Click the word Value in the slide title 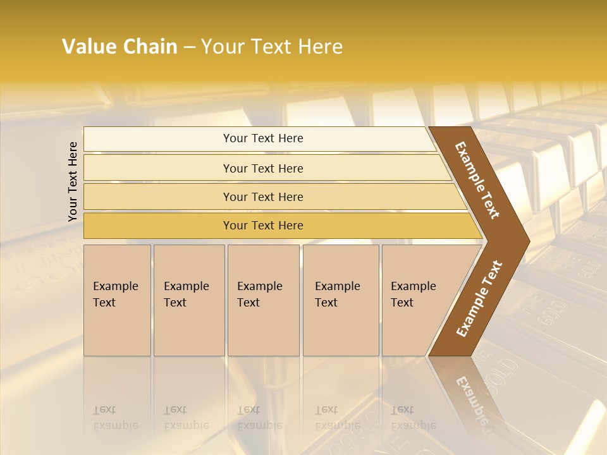[87, 47]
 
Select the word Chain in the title [150, 47]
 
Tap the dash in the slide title [189, 47]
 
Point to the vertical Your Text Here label [73, 181]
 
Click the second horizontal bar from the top [263, 168]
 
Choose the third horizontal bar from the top [263, 197]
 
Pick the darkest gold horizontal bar [263, 226]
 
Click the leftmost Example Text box [117, 300]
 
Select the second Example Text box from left [189, 300]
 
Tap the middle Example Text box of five [263, 300]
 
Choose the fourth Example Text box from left [341, 300]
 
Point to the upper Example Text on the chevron [477, 180]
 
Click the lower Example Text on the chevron [479, 299]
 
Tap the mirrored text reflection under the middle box [259, 418]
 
